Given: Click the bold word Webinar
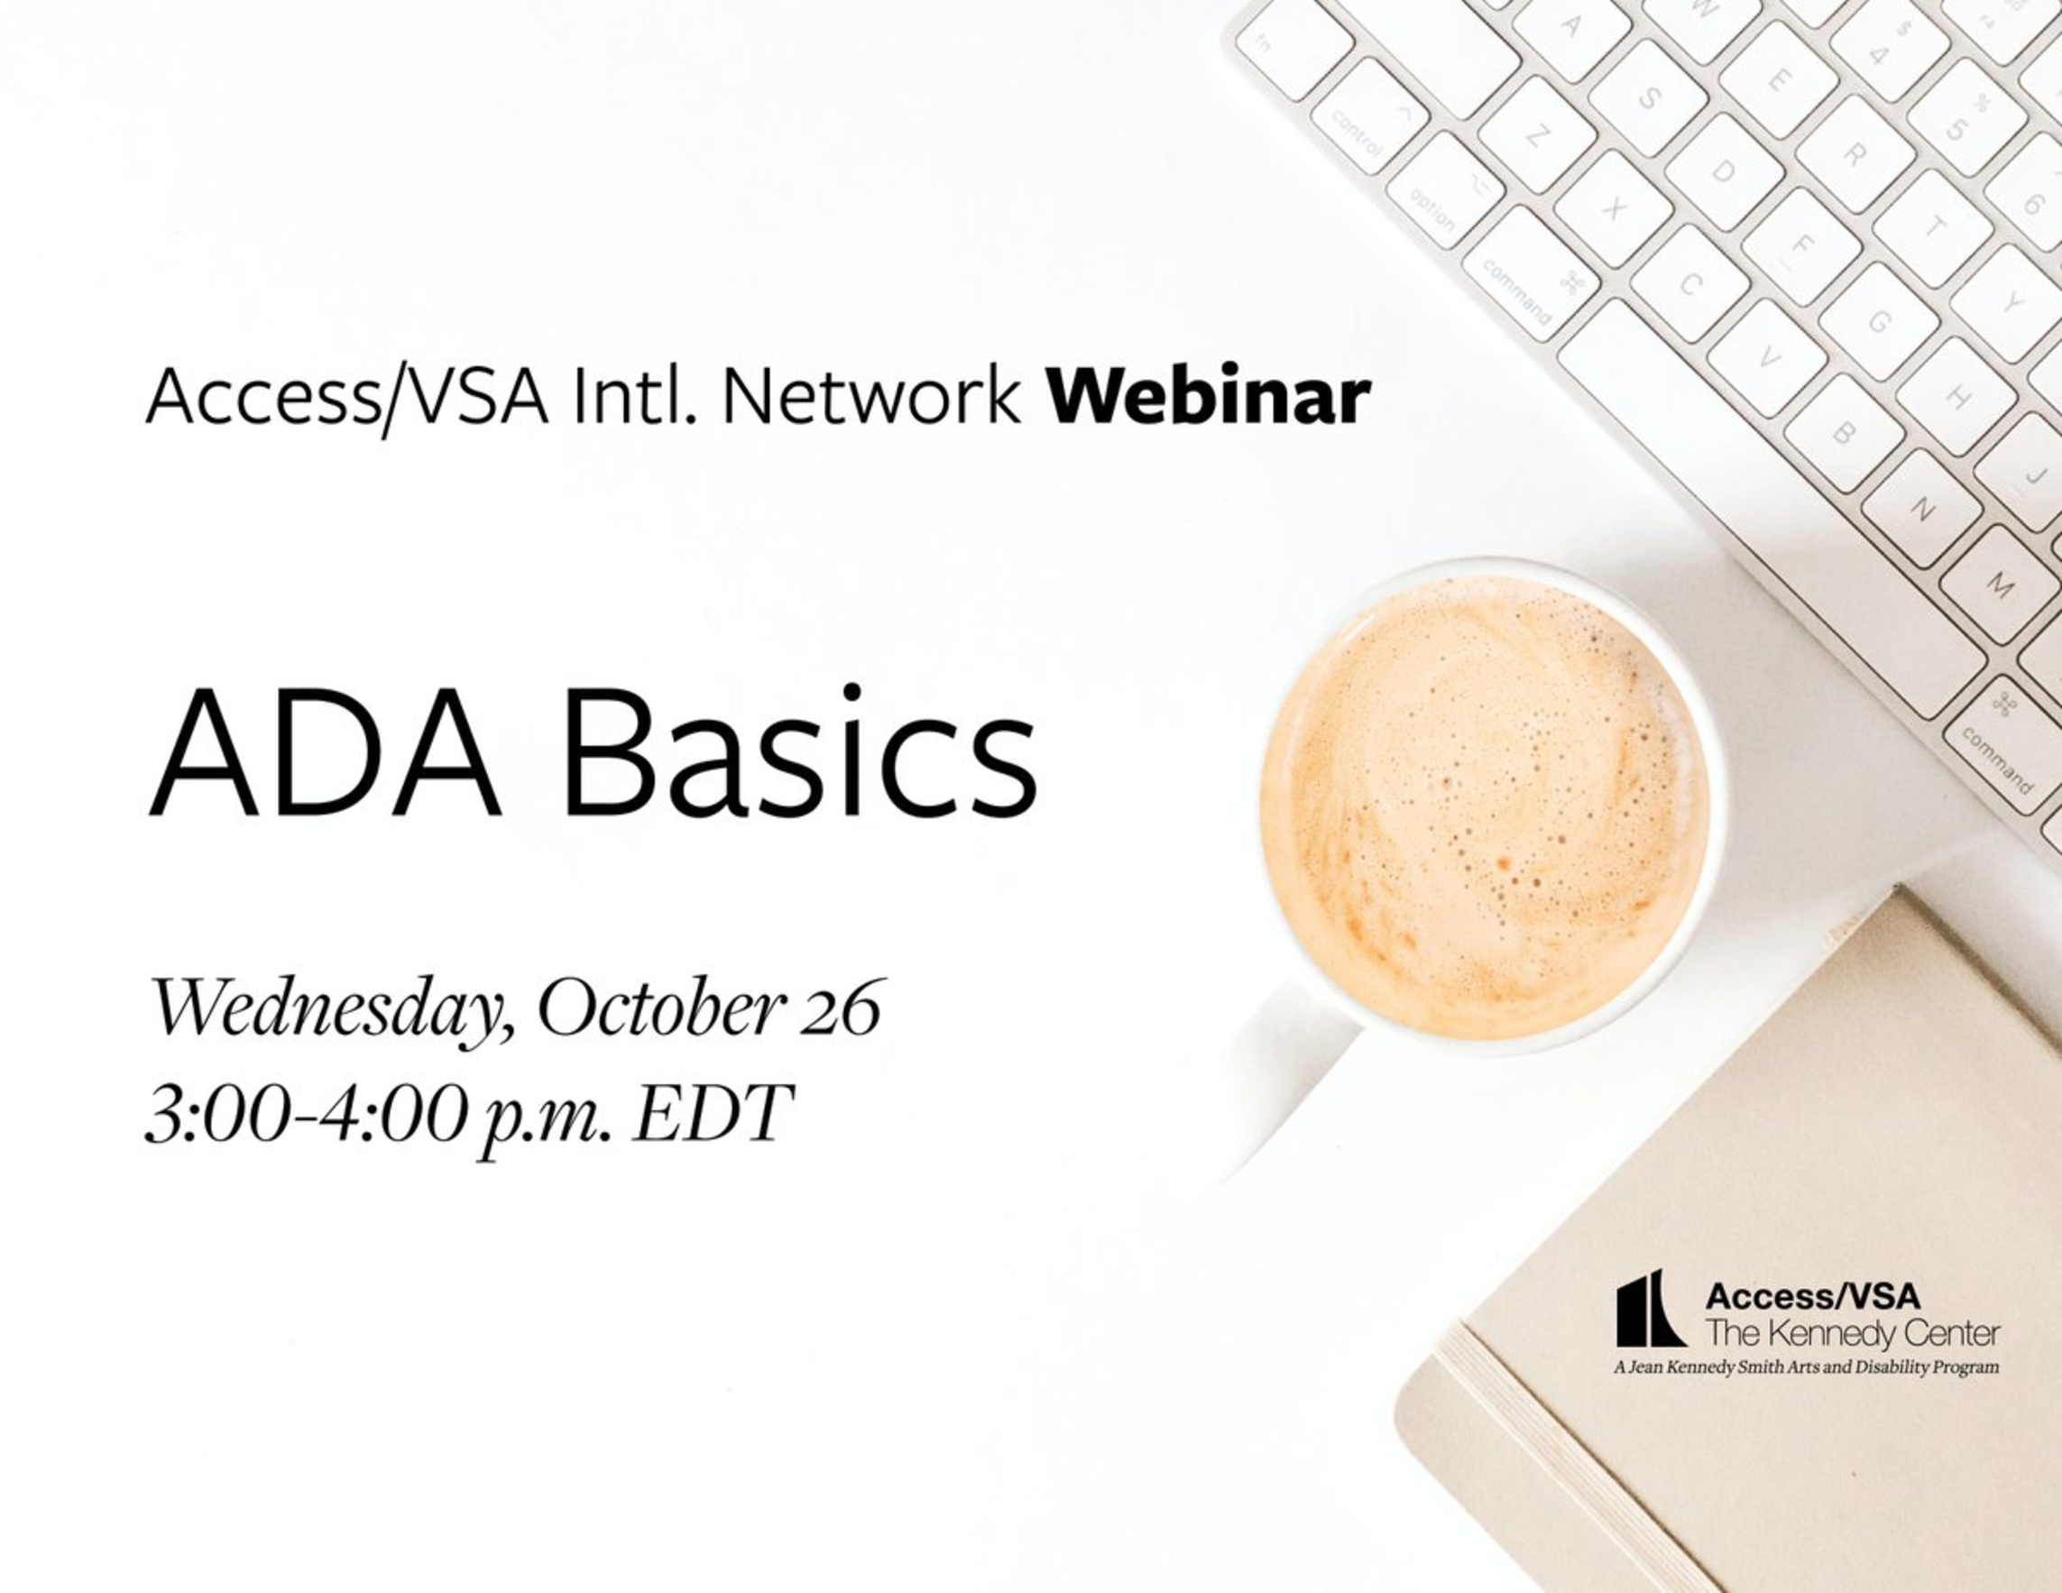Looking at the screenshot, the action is pyautogui.click(x=1209, y=397).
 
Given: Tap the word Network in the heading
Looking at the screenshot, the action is pyautogui.click(x=870, y=398).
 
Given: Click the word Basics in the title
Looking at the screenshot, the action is pyautogui.click(x=799, y=751).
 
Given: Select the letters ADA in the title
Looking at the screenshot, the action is pyautogui.click(x=325, y=753).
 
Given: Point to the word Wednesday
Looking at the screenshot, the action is pyautogui.click(x=333, y=1011).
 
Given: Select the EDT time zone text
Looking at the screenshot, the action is pyautogui.click(x=712, y=1115).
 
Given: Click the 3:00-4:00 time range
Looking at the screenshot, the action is pyautogui.click(x=308, y=1115).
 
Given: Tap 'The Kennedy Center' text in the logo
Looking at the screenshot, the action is pyautogui.click(x=1853, y=1333).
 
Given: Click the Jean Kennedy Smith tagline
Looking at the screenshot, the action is pyautogui.click(x=1806, y=1367).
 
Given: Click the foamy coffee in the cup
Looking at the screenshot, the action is pyautogui.click(x=1484, y=807).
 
